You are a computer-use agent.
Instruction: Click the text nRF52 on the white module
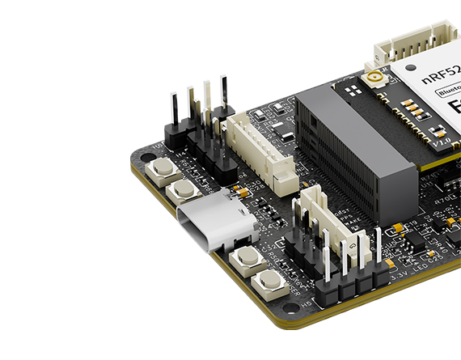pos(441,78)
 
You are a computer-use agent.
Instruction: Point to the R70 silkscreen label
pos(442,197)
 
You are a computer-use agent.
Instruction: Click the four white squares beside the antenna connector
pos(413,109)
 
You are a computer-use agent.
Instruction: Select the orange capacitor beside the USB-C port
pos(240,193)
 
